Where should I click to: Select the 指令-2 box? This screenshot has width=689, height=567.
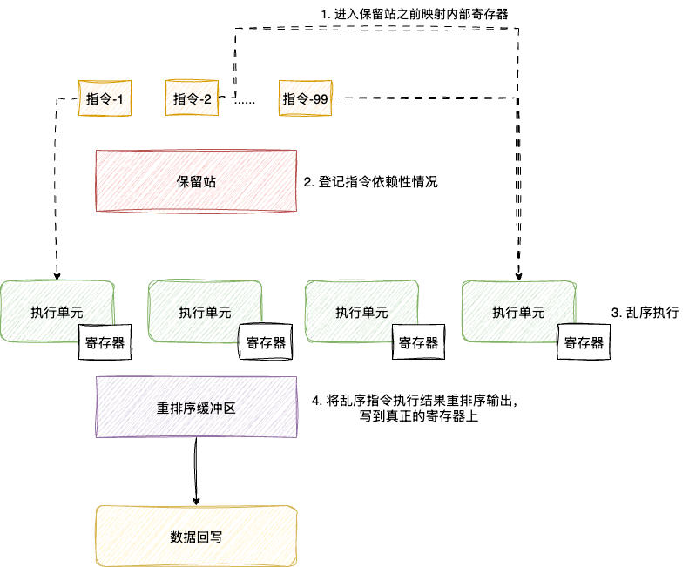[193, 99]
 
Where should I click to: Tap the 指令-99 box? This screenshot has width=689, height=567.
[305, 99]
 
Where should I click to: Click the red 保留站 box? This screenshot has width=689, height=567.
[195, 182]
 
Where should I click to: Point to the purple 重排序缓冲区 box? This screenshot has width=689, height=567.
[196, 407]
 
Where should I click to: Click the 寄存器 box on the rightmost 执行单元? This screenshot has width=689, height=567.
[584, 342]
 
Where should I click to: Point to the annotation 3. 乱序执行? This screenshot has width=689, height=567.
[645, 312]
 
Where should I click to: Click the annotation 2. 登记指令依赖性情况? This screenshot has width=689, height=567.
[370, 183]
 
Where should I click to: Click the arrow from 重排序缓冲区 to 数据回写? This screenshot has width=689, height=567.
[196, 470]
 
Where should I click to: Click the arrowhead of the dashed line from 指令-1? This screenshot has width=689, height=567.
[57, 274]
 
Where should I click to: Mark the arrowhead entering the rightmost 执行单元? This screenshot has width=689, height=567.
[518, 274]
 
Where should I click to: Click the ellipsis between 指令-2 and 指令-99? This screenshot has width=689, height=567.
[245, 102]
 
